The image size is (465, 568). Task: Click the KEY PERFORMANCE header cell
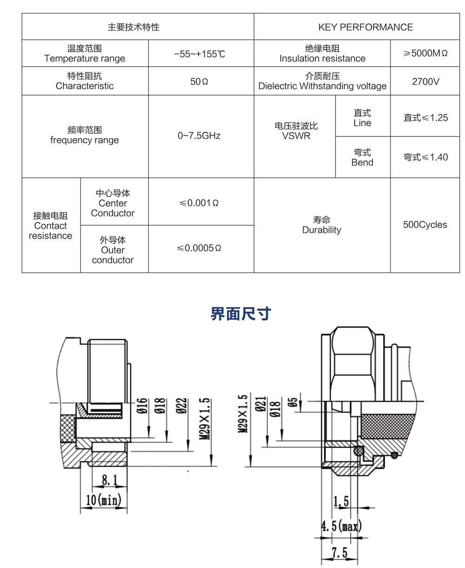pyautogui.click(x=365, y=27)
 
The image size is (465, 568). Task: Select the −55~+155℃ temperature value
pyautogui.click(x=199, y=54)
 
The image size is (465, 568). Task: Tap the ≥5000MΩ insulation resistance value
pyautogui.click(x=425, y=53)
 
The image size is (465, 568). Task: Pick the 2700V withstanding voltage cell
pyautogui.click(x=425, y=81)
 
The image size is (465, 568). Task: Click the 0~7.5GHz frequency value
pyautogui.click(x=199, y=136)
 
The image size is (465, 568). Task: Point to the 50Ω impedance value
pyautogui.click(x=199, y=81)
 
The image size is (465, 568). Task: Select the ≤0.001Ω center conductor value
pyautogui.click(x=199, y=203)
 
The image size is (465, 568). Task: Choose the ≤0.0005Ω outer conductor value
pyautogui.click(x=199, y=248)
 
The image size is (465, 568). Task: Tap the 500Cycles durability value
pyautogui.click(x=425, y=225)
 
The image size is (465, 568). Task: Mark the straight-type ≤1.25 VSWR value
pyautogui.click(x=425, y=118)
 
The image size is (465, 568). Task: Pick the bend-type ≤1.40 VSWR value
pyautogui.click(x=425, y=157)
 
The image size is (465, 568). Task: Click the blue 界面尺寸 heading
pyautogui.click(x=240, y=314)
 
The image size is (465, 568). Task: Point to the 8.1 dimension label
pyautogui.click(x=110, y=480)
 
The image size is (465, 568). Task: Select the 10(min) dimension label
pyautogui.click(x=104, y=500)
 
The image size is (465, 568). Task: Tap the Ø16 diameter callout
pyautogui.click(x=143, y=406)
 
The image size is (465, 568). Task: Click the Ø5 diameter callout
pyautogui.click(x=293, y=402)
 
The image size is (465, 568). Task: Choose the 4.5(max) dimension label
pyautogui.click(x=342, y=527)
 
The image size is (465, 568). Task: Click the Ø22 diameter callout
pyautogui.click(x=182, y=406)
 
